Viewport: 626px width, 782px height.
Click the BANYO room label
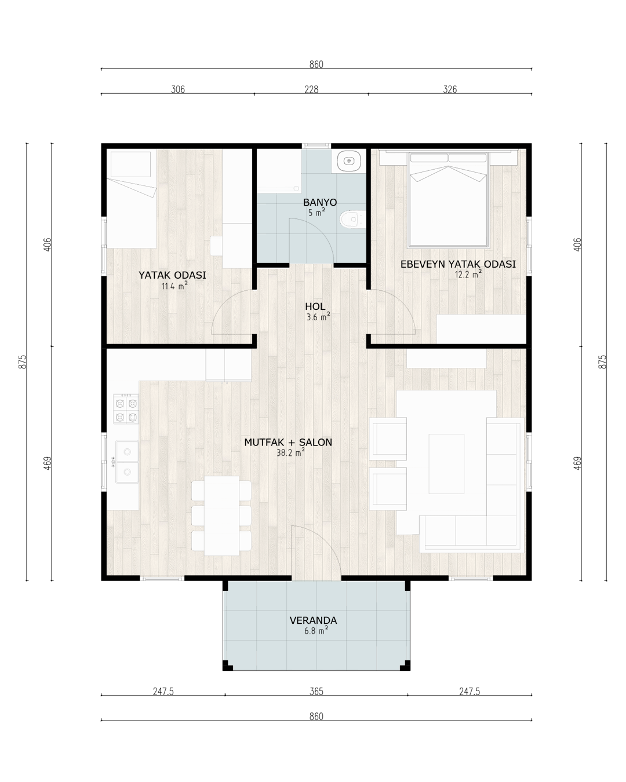tap(320, 202)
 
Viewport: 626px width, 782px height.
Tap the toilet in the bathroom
tap(352, 220)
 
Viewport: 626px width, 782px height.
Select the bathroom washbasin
tap(349, 160)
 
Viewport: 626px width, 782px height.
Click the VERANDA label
tap(313, 620)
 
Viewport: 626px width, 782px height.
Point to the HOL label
tap(315, 306)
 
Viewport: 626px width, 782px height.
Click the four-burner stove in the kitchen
tap(126, 409)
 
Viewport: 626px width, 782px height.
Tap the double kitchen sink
tap(127, 462)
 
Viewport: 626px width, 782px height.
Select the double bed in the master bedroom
tap(449, 200)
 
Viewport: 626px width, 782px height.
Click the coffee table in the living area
tap(446, 463)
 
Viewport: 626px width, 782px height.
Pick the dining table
tap(221, 516)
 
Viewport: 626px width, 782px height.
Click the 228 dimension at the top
tap(311, 89)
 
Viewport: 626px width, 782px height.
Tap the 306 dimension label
tap(178, 89)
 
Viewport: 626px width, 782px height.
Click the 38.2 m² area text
tap(290, 452)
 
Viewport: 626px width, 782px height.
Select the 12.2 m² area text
tap(468, 274)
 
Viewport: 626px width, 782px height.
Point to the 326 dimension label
tap(450, 89)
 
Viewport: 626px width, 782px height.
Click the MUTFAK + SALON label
tap(288, 442)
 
